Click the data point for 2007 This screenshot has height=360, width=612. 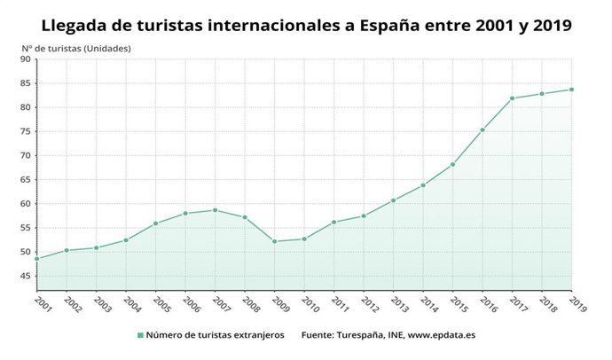(215, 210)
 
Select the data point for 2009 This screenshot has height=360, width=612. (274, 241)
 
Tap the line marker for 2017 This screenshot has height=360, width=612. (512, 98)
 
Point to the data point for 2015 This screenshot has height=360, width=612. (452, 164)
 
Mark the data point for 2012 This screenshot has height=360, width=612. (364, 215)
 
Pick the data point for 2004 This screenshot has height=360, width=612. (126, 239)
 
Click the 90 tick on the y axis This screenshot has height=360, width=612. (25, 59)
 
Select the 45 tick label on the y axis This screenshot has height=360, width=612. (25, 276)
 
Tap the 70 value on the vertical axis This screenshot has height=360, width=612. (25, 155)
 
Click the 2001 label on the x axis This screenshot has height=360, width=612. (42, 304)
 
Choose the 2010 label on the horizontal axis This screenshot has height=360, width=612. (309, 304)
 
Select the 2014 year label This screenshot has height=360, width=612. (428, 304)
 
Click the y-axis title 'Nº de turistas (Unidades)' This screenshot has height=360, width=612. (76, 48)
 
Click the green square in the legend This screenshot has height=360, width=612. (139, 335)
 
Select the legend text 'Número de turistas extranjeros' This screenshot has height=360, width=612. (215, 335)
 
